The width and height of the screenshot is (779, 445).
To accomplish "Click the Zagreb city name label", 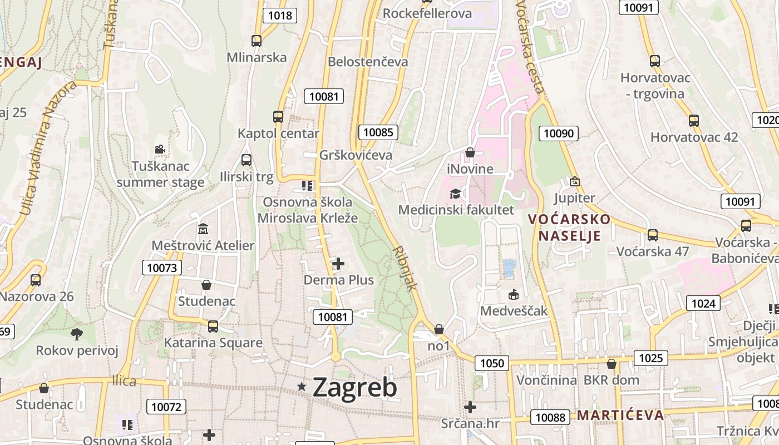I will pos(355,387).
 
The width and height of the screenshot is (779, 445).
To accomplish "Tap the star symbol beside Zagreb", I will pos(302,386).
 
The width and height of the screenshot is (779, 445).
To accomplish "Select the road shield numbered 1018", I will pos(279,15).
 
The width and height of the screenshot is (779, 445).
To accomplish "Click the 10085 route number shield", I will pos(378,132).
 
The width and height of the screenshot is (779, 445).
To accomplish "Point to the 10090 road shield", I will pos(559,133).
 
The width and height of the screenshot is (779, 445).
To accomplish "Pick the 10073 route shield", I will pos(162,268).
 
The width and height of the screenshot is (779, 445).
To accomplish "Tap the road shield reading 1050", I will pos(492,363).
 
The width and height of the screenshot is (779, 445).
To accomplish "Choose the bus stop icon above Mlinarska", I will pos(257,41).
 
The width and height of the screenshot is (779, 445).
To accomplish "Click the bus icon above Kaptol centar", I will pos(278,117).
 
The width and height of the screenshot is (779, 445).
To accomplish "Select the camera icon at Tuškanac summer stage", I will pos(160,149).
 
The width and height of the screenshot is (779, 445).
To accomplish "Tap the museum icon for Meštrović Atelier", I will pos(203,229).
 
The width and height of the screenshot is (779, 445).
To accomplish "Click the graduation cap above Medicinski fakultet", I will pos(456,194).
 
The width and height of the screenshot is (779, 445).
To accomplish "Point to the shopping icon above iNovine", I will pos(470,152).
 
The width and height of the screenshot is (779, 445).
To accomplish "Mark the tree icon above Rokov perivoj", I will pos(77,334).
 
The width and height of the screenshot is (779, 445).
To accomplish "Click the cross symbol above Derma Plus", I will pos(338,263).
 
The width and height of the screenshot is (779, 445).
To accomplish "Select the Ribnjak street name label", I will pos(405,269).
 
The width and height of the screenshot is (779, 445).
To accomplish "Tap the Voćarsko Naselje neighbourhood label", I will pos(569,227).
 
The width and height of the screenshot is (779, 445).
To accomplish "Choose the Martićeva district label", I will pos(620,415).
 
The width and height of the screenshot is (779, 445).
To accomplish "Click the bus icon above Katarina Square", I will pos(213,327).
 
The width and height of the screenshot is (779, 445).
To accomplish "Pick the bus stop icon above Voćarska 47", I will pos(653,235).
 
